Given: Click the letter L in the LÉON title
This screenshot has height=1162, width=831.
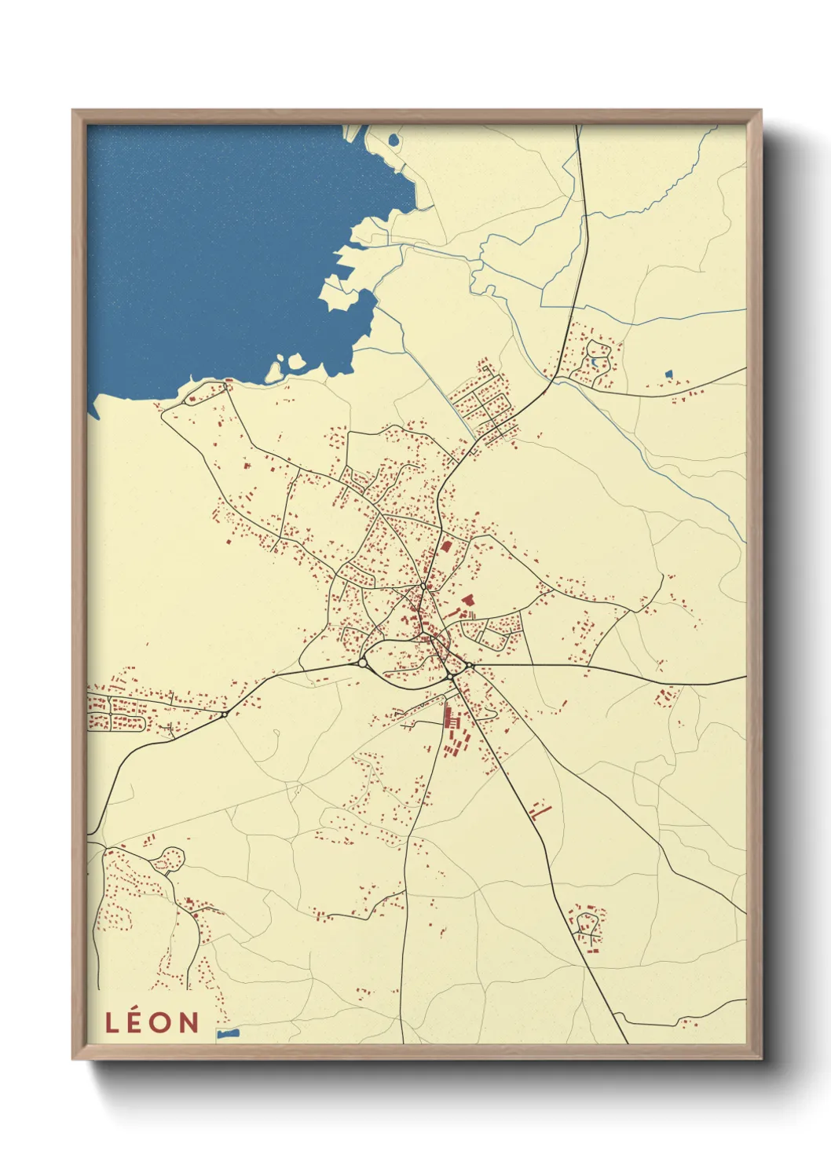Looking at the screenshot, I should click(x=112, y=1022).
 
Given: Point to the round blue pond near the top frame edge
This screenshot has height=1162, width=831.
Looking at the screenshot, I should click(x=394, y=141).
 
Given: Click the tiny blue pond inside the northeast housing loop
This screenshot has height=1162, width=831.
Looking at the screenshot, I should click(x=595, y=363).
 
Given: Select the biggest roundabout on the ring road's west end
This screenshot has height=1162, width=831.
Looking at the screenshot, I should click(x=363, y=663).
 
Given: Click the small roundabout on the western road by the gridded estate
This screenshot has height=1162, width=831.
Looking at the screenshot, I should click(x=225, y=714).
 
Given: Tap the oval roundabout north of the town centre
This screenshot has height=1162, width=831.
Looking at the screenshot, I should click(x=423, y=586).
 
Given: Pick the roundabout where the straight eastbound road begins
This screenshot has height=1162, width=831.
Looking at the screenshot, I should click(x=469, y=667).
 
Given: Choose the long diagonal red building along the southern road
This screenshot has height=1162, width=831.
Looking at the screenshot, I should click(x=541, y=810).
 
